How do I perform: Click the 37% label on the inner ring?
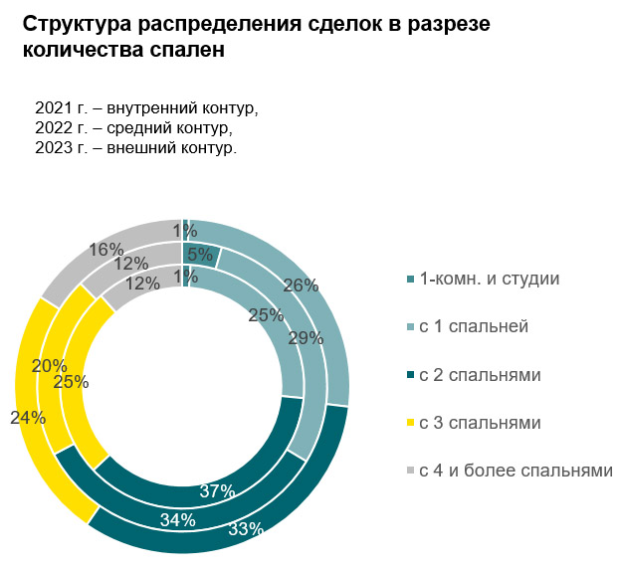click(216, 490)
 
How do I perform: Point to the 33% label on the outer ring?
click(245, 529)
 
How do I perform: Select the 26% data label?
click(301, 285)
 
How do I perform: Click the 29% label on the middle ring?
click(306, 337)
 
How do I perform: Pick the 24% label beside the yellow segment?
click(27, 418)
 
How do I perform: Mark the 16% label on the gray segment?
click(105, 249)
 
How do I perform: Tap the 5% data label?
click(200, 255)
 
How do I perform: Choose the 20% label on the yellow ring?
click(49, 366)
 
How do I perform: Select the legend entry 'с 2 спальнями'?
click(480, 375)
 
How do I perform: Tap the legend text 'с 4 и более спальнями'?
click(515, 470)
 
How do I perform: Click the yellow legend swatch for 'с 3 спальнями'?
click(410, 424)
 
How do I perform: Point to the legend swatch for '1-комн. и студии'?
click(410, 279)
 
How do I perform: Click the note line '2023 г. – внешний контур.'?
click(135, 148)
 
